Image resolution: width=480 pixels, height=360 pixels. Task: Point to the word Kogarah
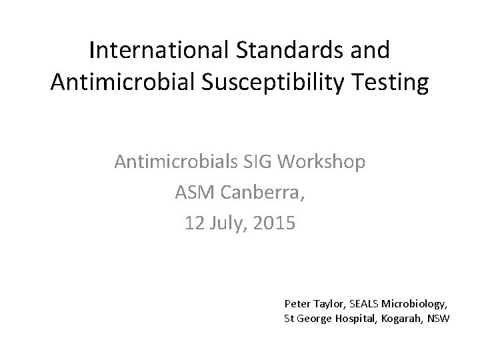tap(400, 318)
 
